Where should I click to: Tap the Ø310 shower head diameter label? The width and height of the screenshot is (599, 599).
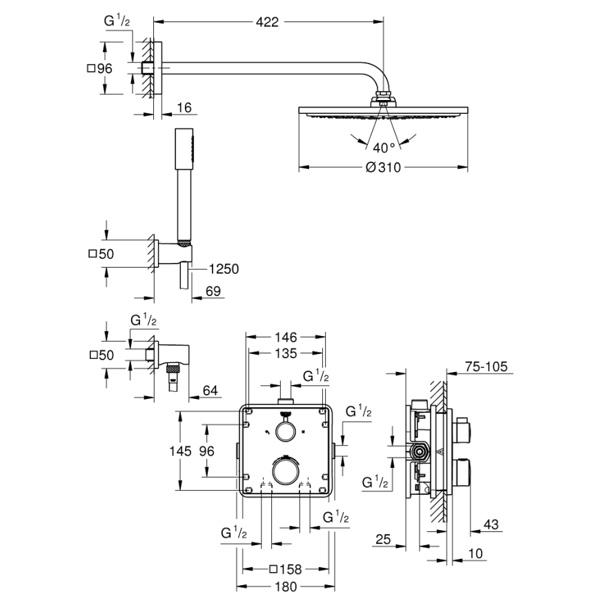click(383, 167)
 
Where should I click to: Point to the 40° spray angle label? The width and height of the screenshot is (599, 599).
click(384, 147)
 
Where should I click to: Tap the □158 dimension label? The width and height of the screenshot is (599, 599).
click(284, 570)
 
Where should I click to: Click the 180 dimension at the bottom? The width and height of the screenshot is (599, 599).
click(284, 587)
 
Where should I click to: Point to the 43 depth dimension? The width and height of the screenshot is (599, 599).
click(491, 524)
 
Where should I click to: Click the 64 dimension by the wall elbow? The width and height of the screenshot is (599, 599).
click(210, 391)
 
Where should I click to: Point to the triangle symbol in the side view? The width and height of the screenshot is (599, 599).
click(437, 453)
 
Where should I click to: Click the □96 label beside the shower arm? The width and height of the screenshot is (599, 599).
click(100, 68)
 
